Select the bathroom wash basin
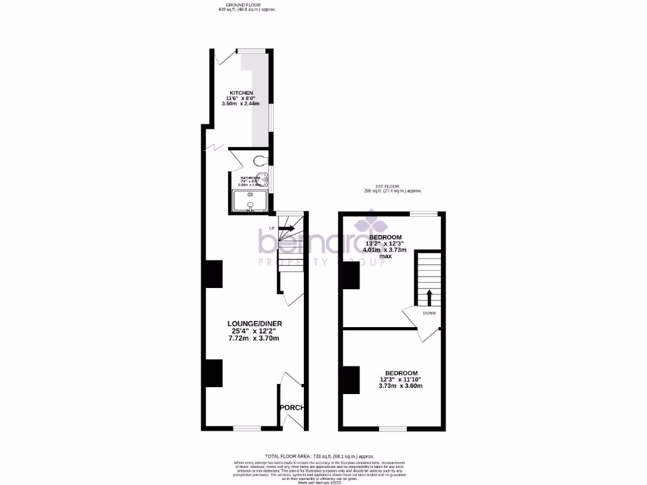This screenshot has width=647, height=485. (265, 178)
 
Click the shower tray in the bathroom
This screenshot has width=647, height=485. (251, 201)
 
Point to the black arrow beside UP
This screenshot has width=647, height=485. (286, 227)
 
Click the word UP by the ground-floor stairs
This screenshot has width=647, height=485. (272, 228)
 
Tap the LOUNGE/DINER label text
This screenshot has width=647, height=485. (255, 324)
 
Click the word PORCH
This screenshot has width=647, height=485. (292, 408)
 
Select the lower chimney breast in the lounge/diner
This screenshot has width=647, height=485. (213, 373)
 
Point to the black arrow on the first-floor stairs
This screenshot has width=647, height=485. (429, 297)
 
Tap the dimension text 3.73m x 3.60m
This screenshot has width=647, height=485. (400, 386)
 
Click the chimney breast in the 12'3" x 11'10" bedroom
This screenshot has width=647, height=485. (351, 380)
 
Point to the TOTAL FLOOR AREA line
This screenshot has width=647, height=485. (320, 456)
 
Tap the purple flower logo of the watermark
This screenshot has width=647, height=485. (366, 225)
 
